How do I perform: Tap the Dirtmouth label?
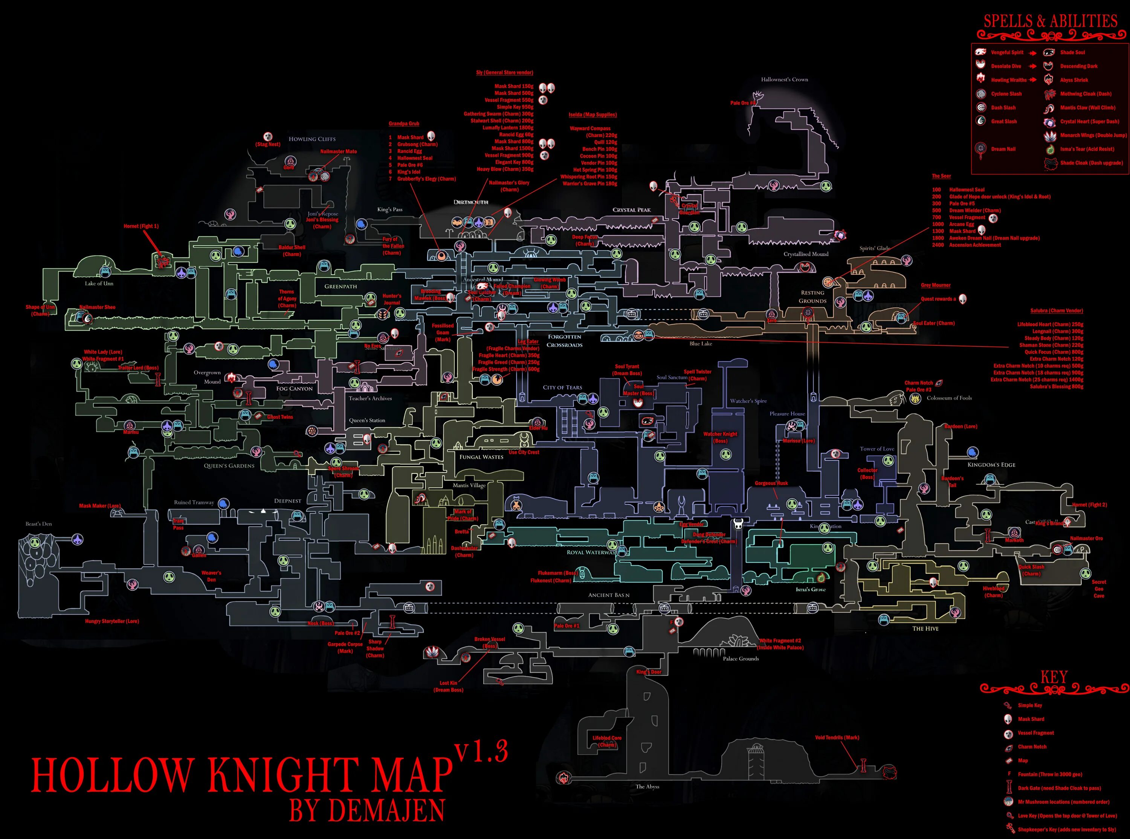point(471,202)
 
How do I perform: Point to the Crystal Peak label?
point(631,210)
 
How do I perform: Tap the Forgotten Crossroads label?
point(564,341)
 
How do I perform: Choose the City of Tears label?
point(562,387)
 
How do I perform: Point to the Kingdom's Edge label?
point(991,465)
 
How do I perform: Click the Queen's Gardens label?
point(229,466)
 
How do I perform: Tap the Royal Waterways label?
point(591,552)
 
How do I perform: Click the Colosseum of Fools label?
point(949,398)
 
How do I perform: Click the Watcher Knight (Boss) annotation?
point(720,437)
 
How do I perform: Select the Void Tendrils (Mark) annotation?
point(837,737)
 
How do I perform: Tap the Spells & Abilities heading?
point(1050,21)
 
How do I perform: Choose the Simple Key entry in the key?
point(1029,705)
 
